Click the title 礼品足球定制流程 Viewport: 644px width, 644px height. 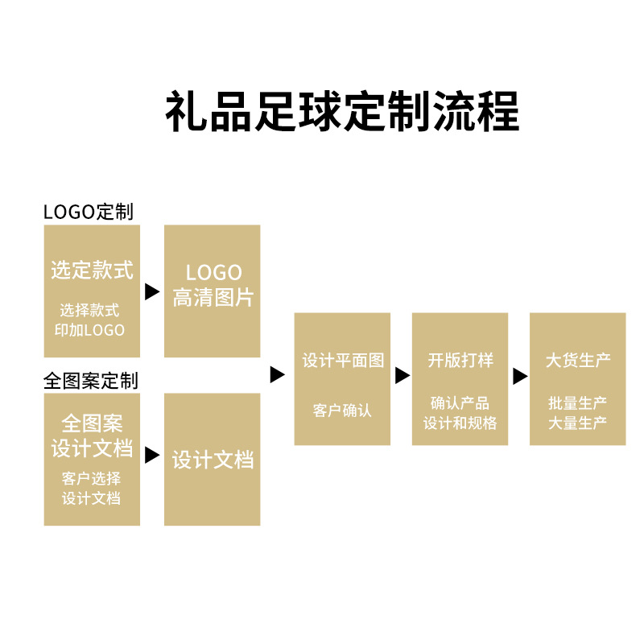pos(342,111)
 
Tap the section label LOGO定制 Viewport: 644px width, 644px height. pos(89,212)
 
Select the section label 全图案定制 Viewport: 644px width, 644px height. pos(91,380)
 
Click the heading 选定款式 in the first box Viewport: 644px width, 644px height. pos(92,270)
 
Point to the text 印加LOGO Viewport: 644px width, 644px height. pos(92,329)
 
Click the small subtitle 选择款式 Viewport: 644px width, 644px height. pos(92,310)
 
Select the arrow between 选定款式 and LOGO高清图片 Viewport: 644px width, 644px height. pos(152,292)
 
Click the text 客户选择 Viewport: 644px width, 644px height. pos(92,478)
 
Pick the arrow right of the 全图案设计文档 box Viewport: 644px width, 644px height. pos(152,456)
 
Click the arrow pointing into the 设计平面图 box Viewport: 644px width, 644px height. pos(277,374)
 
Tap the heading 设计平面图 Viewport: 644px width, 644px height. pos(343,361)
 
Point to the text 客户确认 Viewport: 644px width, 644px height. pos(343,410)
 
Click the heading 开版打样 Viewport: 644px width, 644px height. pos(460,361)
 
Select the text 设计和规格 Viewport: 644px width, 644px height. pos(460,423)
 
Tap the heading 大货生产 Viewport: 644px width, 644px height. pos(578,361)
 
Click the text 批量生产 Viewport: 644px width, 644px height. pos(578,403)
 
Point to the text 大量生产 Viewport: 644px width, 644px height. pos(578,423)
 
